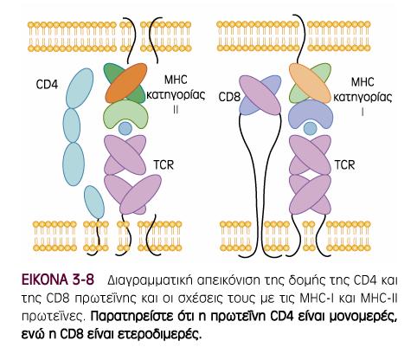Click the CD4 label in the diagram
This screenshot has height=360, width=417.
(x=47, y=85)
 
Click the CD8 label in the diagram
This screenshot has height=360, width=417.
(x=229, y=97)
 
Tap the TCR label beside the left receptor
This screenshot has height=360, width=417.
(x=164, y=165)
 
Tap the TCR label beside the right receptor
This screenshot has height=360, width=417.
(x=345, y=165)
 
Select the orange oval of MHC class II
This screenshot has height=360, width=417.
(x=126, y=83)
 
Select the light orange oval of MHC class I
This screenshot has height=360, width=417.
(x=310, y=83)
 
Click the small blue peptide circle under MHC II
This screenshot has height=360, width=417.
(x=125, y=129)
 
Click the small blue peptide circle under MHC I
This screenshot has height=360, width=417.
(x=311, y=129)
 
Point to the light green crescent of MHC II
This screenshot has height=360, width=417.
(x=125, y=112)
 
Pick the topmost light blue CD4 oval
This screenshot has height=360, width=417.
(x=80, y=88)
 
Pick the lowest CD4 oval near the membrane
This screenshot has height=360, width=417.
(x=94, y=202)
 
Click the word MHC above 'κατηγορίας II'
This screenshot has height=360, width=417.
(x=176, y=80)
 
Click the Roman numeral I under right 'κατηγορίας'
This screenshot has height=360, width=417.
(x=362, y=112)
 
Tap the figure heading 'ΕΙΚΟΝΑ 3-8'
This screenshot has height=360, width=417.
(x=58, y=280)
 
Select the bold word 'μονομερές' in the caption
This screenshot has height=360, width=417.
(x=363, y=318)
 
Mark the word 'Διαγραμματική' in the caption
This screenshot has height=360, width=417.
(x=149, y=281)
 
